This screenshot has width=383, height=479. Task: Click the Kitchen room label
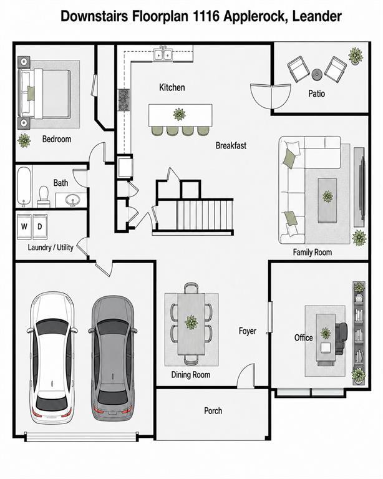click(x=172, y=87)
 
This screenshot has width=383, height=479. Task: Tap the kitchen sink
click(x=163, y=54)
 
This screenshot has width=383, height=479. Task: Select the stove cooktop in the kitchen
click(x=124, y=100)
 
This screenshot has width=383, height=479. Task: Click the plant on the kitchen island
click(x=179, y=114)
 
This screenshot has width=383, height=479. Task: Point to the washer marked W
click(x=24, y=226)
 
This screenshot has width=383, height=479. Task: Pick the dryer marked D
click(x=40, y=226)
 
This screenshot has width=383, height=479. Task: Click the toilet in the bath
click(x=44, y=196)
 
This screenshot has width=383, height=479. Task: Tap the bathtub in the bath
click(x=24, y=186)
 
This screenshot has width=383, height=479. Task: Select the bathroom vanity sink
click(x=73, y=200)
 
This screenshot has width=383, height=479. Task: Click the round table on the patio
click(x=317, y=74)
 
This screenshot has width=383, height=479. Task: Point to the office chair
click(x=341, y=339)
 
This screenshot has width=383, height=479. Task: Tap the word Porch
click(x=213, y=411)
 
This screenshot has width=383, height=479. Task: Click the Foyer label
click(x=248, y=331)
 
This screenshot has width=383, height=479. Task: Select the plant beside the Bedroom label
click(x=24, y=140)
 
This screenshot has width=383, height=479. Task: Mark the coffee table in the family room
click(x=327, y=200)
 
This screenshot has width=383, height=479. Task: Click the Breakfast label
click(x=231, y=145)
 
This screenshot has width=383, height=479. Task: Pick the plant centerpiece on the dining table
click(x=192, y=322)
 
